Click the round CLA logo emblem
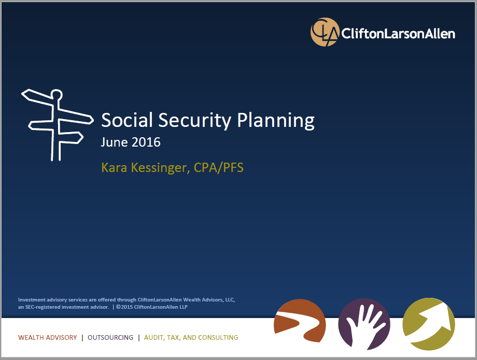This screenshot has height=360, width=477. tap(325, 32)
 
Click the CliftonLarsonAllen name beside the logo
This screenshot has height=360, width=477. tap(398, 34)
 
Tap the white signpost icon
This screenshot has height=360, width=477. tap(57, 125)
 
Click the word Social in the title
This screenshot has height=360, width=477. tap(127, 120)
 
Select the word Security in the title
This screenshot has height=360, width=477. tap(195, 121)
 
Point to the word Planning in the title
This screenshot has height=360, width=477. tap(276, 121)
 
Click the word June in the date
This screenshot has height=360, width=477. tap(114, 142)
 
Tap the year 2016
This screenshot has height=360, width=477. tap(146, 142)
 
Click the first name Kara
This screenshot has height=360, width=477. tap(114, 167)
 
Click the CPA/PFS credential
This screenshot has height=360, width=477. tap(218, 168)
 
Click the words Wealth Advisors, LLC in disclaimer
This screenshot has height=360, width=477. tap(208, 300)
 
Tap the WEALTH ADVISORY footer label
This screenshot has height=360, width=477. tap(48, 338)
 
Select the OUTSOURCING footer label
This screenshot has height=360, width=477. tap(110, 338)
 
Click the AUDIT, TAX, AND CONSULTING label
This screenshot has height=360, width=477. tap(191, 338)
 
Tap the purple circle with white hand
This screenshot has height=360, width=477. tap(364, 324)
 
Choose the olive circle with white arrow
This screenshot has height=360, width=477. tap(429, 324)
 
